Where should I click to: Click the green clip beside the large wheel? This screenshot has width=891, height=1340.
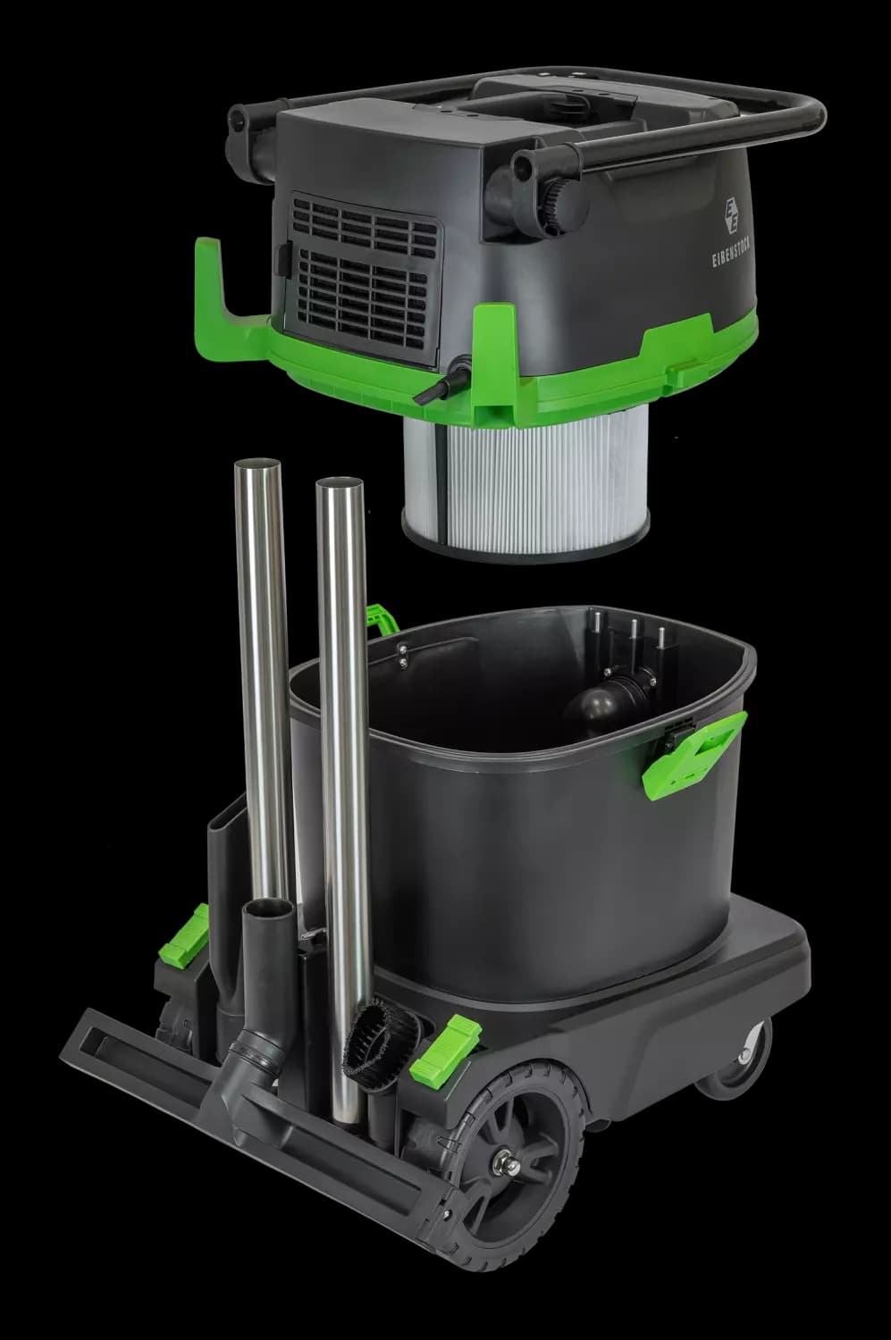click(448, 1050)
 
